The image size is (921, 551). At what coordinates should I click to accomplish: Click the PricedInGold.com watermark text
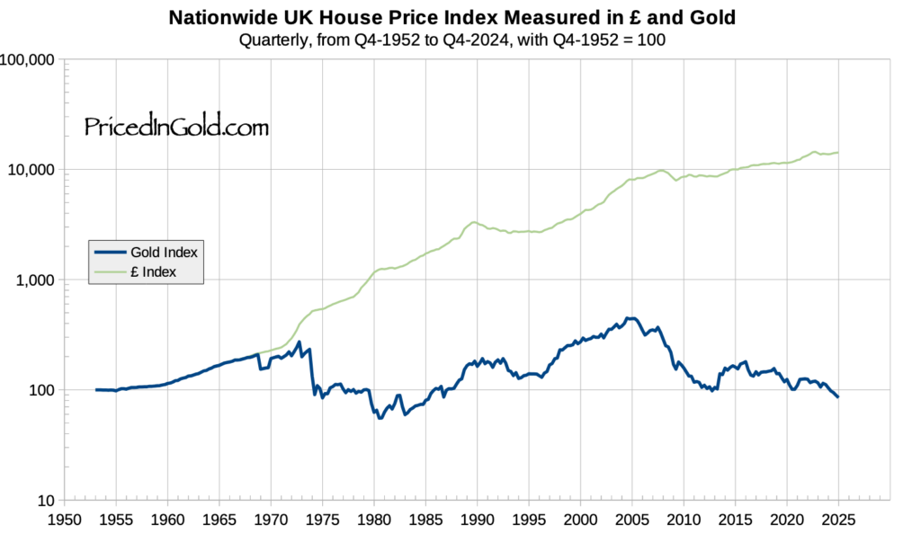click(x=176, y=128)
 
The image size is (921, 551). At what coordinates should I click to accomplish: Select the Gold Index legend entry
click(x=164, y=253)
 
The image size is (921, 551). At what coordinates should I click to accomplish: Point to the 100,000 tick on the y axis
click(x=30, y=60)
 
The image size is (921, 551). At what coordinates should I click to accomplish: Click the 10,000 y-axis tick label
click(x=33, y=170)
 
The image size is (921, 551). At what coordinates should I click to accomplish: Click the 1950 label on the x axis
click(x=63, y=520)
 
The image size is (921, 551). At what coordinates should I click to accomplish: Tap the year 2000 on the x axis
click(x=580, y=520)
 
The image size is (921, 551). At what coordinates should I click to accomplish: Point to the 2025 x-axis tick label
click(x=838, y=520)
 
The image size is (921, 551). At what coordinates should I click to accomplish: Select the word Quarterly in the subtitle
click(x=270, y=40)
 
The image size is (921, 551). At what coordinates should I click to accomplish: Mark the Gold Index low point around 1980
click(x=380, y=418)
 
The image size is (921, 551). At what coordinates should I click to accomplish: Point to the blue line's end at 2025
click(x=838, y=397)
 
